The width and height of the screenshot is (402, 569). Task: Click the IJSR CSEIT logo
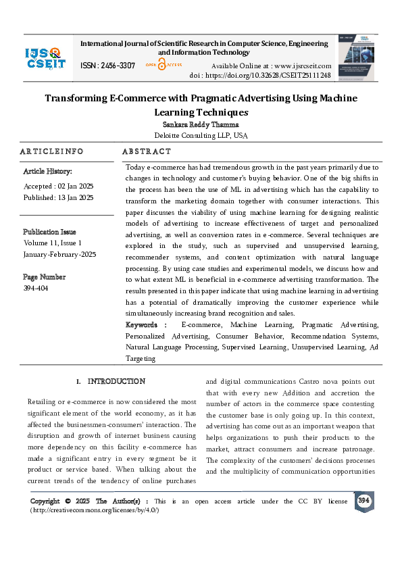45,57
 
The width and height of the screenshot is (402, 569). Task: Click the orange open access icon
161,65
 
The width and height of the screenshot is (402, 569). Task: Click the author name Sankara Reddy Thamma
201,125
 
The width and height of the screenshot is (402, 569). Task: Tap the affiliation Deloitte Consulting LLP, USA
201,135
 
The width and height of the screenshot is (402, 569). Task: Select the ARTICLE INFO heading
52,151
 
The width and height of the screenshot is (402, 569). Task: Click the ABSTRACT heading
147,151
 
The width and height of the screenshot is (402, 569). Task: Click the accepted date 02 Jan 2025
74,186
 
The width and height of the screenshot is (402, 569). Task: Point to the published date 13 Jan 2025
75,197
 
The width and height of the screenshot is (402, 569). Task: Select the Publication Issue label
50,231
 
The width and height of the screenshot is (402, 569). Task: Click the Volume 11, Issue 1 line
53,243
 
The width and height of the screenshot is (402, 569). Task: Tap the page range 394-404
36,288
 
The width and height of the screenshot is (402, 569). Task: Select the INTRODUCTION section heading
116,382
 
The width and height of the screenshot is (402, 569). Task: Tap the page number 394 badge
364,501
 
